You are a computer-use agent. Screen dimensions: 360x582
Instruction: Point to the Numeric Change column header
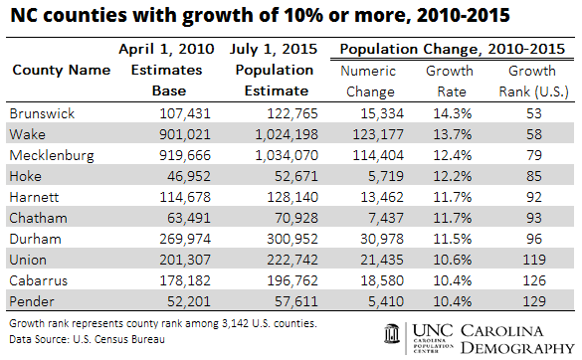[x=368, y=80]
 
